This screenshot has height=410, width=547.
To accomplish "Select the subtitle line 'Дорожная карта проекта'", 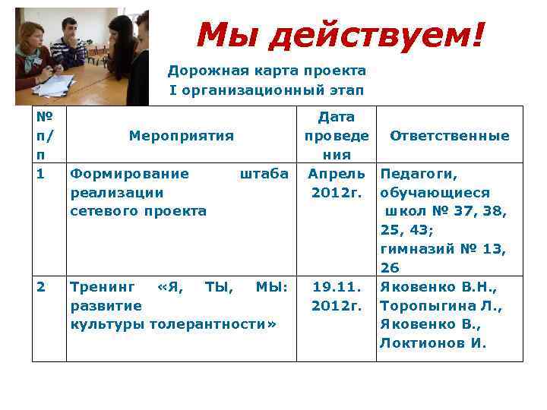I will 267,71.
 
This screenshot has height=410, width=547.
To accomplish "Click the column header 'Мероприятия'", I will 181,136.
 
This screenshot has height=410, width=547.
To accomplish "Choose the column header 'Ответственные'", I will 449,136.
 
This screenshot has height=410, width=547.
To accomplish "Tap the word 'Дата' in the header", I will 336,117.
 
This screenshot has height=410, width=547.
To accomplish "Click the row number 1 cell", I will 42,173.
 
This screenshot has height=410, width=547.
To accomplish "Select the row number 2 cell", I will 42,286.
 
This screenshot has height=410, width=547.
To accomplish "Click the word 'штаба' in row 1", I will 264,174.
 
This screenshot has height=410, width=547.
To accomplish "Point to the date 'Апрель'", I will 336,174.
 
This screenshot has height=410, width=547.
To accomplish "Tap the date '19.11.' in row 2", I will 336,287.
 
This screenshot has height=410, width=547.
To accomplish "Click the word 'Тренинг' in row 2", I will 103,287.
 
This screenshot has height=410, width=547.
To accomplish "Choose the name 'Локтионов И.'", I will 432,343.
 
